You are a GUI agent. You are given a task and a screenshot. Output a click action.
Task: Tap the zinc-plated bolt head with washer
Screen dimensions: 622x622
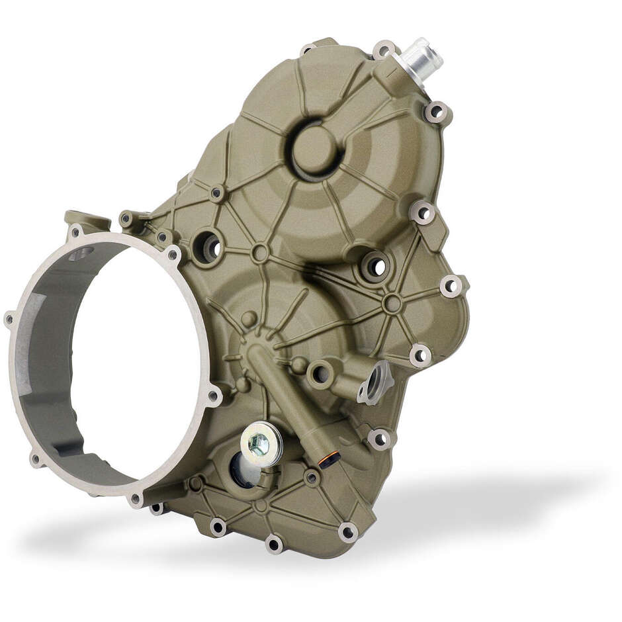[260, 444]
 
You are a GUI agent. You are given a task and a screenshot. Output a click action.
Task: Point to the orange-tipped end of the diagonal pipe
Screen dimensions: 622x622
[330, 459]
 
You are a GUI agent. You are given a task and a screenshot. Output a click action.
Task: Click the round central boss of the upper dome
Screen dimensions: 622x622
[314, 148]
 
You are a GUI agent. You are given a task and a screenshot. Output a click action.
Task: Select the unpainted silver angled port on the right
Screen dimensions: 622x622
[377, 382]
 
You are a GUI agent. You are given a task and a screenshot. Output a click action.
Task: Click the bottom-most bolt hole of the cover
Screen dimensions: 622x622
[274, 543]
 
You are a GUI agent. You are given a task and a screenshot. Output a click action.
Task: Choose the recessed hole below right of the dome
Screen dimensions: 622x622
[375, 267]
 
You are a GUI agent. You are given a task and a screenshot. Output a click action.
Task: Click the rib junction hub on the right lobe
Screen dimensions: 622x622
[392, 304]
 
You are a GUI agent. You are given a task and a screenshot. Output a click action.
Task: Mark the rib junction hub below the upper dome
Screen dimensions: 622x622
[260, 252]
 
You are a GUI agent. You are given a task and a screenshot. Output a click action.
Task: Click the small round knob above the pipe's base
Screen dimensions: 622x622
[249, 319]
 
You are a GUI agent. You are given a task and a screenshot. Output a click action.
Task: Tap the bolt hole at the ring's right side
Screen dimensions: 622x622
[213, 396]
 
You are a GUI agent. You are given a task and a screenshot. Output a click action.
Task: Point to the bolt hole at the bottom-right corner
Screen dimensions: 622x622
[347, 531]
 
